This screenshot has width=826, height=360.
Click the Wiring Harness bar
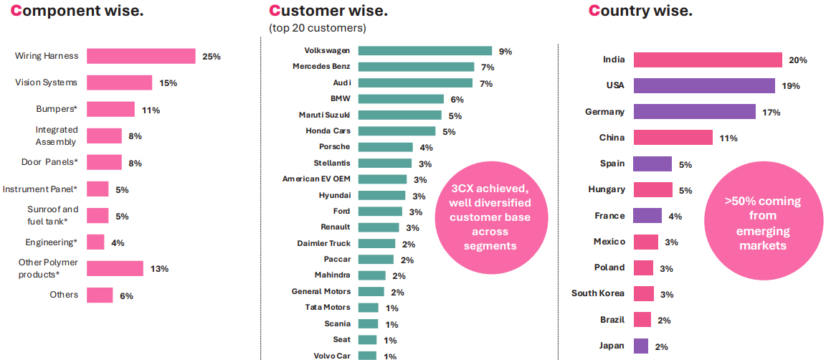(141, 56)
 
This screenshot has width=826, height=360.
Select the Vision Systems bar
(120, 82)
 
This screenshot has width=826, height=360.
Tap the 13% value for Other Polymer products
(160, 269)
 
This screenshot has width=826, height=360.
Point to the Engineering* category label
(51, 242)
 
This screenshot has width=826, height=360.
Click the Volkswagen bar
(424, 51)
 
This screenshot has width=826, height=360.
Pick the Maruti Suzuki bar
(399, 115)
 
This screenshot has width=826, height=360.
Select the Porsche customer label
(334, 147)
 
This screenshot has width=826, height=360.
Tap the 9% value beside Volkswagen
(505, 52)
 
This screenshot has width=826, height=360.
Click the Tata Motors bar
(368, 308)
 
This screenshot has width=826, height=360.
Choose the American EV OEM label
(316, 179)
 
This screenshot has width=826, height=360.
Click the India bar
(707, 60)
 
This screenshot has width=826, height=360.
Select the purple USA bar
(704, 86)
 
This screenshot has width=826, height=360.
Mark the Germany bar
(694, 112)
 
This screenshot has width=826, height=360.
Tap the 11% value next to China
(728, 138)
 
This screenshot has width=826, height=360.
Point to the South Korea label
(598, 293)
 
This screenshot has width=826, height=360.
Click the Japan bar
(641, 346)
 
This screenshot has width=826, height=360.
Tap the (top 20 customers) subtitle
(317, 28)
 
